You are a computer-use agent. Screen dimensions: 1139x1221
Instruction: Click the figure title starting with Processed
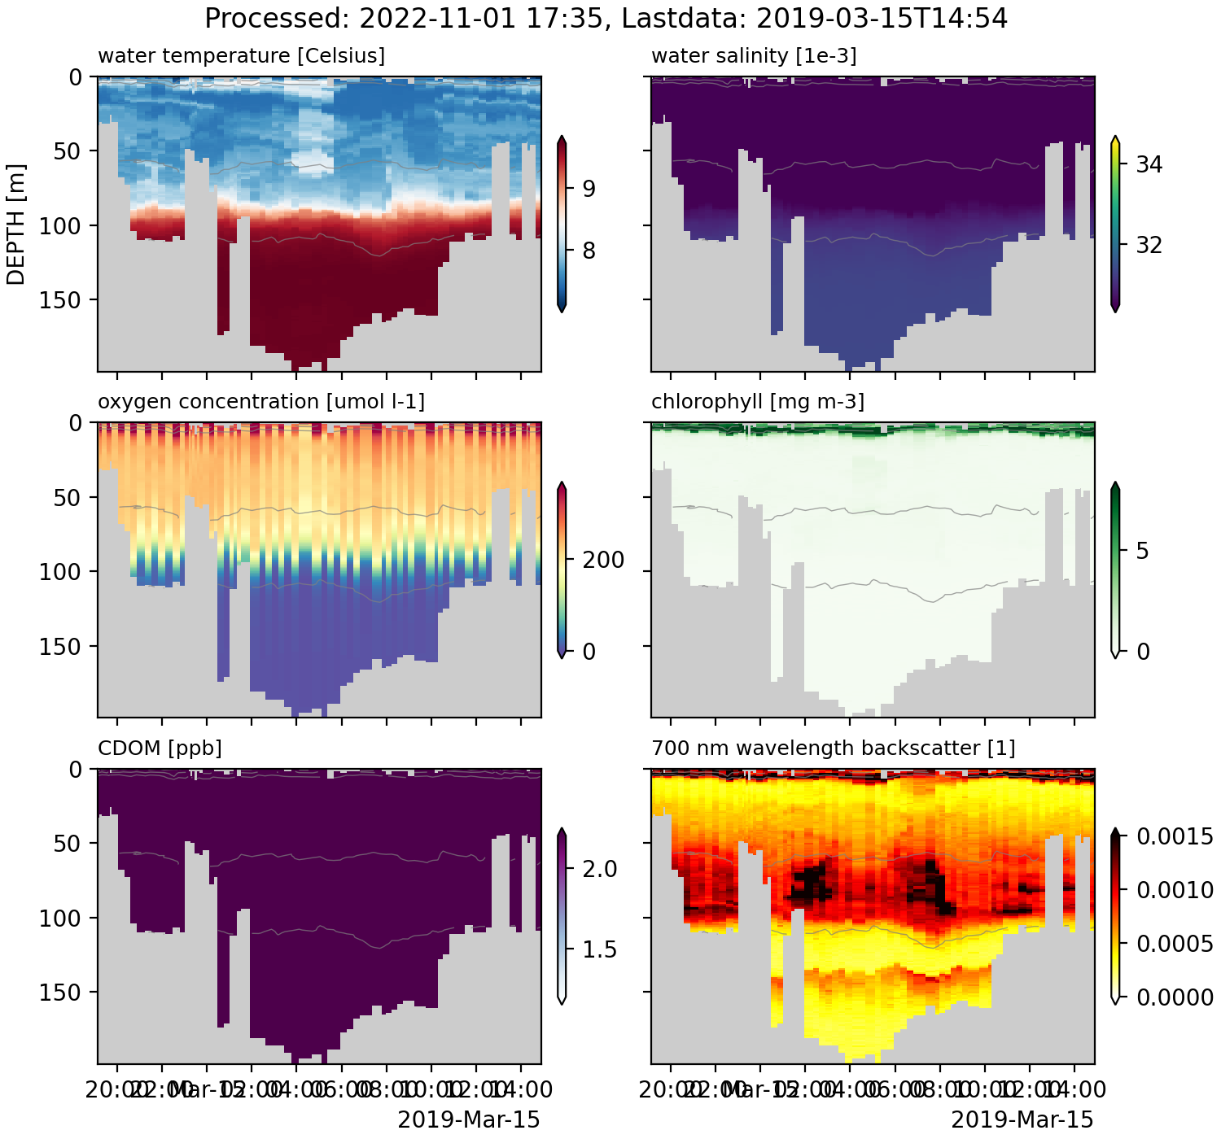pos(606,18)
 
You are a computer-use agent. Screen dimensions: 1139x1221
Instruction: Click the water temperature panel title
pos(241,56)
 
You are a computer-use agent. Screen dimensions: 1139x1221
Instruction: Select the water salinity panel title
pos(754,56)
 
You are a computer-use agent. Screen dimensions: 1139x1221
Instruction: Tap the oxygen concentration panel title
pos(260,402)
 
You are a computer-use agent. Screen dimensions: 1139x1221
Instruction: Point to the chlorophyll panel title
pos(758,402)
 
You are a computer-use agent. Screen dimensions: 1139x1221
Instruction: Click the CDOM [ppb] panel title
pos(160,748)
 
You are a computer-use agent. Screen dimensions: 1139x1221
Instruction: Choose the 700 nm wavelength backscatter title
pos(833,748)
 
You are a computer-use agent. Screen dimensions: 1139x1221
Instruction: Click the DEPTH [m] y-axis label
pos(16,225)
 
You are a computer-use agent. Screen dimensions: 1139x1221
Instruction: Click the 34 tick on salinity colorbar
pos(1149,165)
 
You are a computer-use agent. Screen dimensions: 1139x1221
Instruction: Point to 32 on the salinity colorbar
pos(1149,245)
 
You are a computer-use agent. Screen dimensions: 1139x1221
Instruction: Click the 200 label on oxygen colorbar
pos(602,560)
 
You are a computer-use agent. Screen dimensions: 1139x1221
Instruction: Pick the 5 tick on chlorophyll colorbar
pos(1142,551)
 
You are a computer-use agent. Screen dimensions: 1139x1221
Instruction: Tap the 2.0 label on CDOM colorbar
pos(600,869)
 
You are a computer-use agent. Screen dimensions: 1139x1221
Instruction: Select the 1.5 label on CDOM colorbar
pos(600,949)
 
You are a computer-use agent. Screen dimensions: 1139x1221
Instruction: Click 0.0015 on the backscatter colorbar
pos(1175,836)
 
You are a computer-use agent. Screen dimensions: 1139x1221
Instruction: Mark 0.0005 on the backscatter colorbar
pos(1175,944)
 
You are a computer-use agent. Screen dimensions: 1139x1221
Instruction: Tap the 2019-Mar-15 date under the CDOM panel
pos(468,1120)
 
